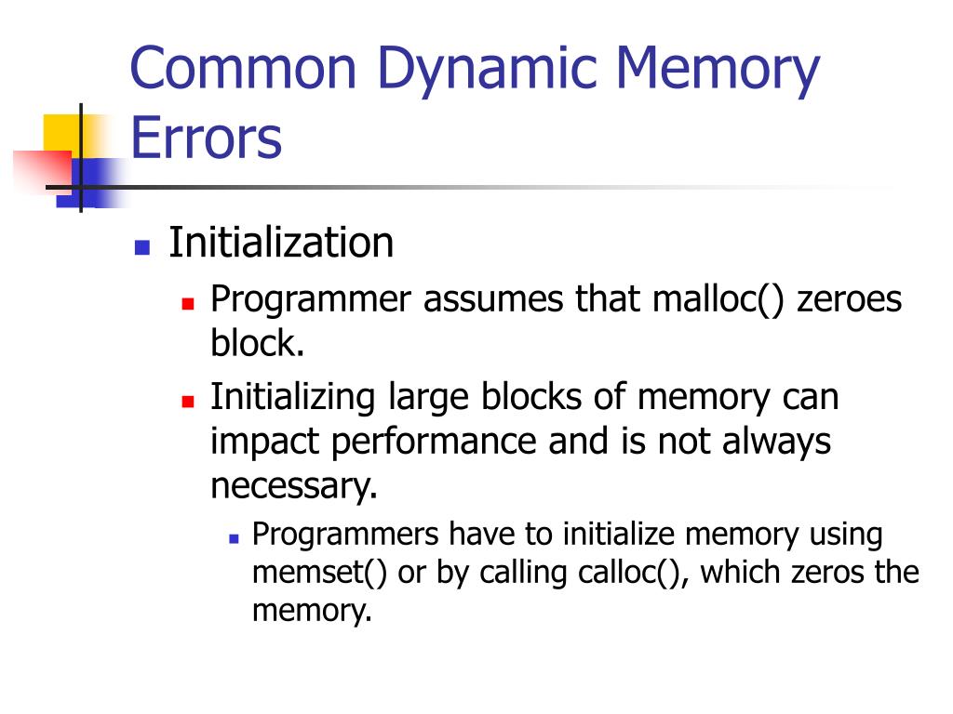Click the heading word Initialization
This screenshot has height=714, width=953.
(281, 244)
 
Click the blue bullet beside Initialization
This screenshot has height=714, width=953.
(141, 247)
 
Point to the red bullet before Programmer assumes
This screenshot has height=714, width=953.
(187, 304)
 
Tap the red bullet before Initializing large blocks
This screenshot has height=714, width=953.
(187, 401)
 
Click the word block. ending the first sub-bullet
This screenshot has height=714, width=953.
(257, 345)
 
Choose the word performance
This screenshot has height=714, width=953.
(435, 442)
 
